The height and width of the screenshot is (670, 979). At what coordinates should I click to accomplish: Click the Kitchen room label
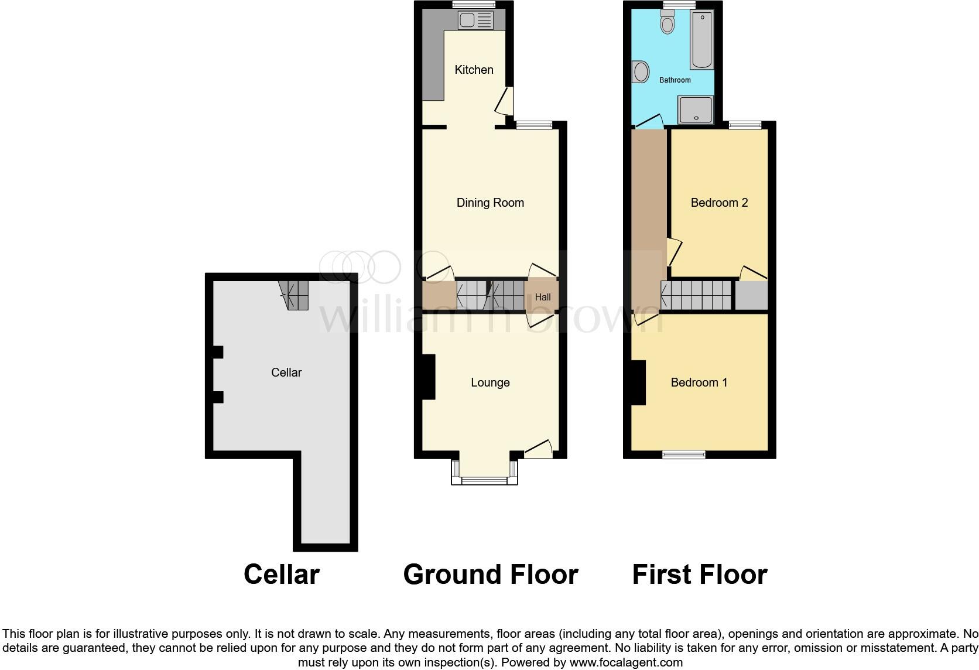coord(474,70)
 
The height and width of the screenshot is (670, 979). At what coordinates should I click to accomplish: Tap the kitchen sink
coord(475,21)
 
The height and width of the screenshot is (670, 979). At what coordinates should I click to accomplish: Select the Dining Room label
coord(490,203)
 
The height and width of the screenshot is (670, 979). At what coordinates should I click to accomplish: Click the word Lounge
coord(490,382)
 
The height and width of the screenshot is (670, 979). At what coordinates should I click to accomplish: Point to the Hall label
coord(543,297)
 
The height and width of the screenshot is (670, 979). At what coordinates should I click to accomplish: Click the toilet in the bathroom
coord(667,22)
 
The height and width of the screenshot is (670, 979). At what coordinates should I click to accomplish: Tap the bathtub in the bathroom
coord(701,40)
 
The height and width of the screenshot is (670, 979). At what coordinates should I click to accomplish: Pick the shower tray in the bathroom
coord(696,110)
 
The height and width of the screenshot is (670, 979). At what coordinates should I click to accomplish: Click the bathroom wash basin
coord(641,73)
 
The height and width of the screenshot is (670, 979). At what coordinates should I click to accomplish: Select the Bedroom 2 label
coord(719,203)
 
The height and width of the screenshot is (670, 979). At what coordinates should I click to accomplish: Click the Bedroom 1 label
coord(699,382)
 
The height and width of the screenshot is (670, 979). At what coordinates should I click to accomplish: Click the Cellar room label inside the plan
coord(286,372)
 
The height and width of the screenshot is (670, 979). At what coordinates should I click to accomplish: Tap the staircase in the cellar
coord(295,295)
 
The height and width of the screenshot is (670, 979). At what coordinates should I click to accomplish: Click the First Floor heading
coord(699,575)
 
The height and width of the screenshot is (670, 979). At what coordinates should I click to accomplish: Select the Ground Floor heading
coord(490,575)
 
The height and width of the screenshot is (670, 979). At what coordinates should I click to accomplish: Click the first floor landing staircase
coord(696,295)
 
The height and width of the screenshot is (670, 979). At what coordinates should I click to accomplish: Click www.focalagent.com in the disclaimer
coord(625,663)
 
